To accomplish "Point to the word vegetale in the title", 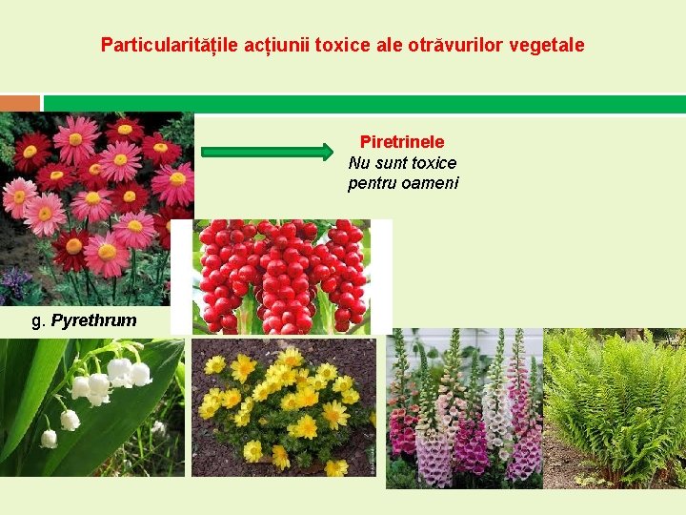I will coord(545,45).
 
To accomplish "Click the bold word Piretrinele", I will coord(402,142).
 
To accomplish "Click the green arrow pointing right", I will coord(268,152).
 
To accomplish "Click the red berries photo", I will coord(281,277).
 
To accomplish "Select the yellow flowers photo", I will coord(283,407).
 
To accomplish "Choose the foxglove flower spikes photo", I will coord(464,408).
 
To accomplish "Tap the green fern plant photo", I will coord(615,408).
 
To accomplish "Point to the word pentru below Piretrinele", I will coord(371,183).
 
